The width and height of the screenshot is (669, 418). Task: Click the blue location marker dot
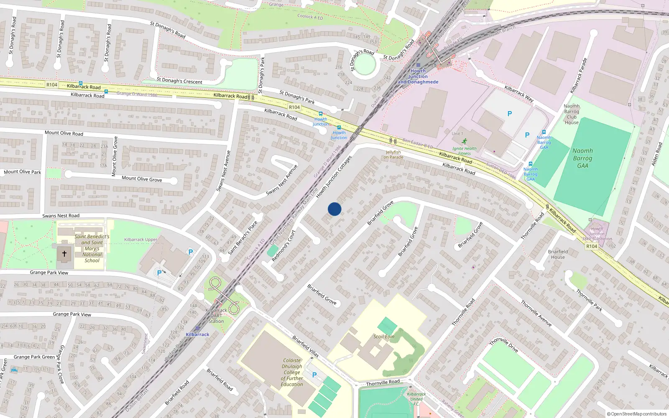(334, 209)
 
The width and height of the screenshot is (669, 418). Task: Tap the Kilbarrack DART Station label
(216, 316)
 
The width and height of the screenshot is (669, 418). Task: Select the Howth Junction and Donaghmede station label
(418, 76)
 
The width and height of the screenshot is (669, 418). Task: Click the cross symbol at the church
(64, 253)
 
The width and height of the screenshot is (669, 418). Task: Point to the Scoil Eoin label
(384, 336)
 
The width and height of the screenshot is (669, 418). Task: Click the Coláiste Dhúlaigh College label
(292, 372)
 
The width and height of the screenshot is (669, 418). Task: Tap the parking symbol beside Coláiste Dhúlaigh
(314, 375)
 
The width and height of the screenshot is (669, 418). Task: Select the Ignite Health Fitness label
(464, 150)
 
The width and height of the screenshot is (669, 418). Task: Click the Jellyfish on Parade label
(393, 155)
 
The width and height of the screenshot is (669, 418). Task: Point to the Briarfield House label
(558, 254)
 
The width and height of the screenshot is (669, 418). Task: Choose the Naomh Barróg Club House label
(572, 114)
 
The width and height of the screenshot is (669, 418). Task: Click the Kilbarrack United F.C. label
(416, 399)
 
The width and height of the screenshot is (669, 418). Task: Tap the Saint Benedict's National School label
(92, 248)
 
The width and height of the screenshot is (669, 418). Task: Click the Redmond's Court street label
(283, 246)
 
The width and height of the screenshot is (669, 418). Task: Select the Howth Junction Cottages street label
(334, 177)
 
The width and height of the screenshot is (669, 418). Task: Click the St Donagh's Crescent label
(179, 81)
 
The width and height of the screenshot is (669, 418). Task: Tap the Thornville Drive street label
(504, 345)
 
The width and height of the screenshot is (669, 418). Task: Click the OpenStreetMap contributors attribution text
(636, 414)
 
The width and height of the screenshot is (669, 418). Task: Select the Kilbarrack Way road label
(519, 94)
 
